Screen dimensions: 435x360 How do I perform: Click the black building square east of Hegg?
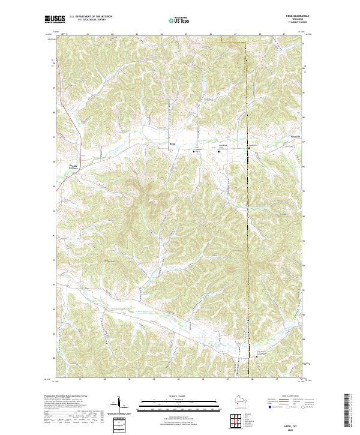218,151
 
